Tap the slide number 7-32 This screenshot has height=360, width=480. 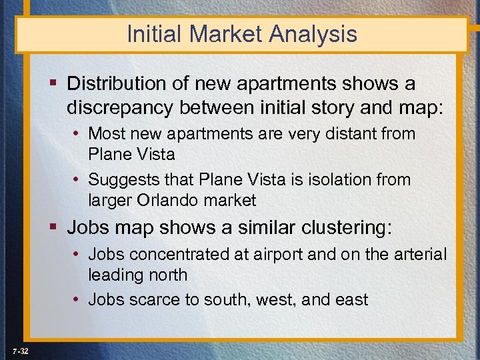click(19, 351)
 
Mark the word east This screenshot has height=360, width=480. click(351, 299)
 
